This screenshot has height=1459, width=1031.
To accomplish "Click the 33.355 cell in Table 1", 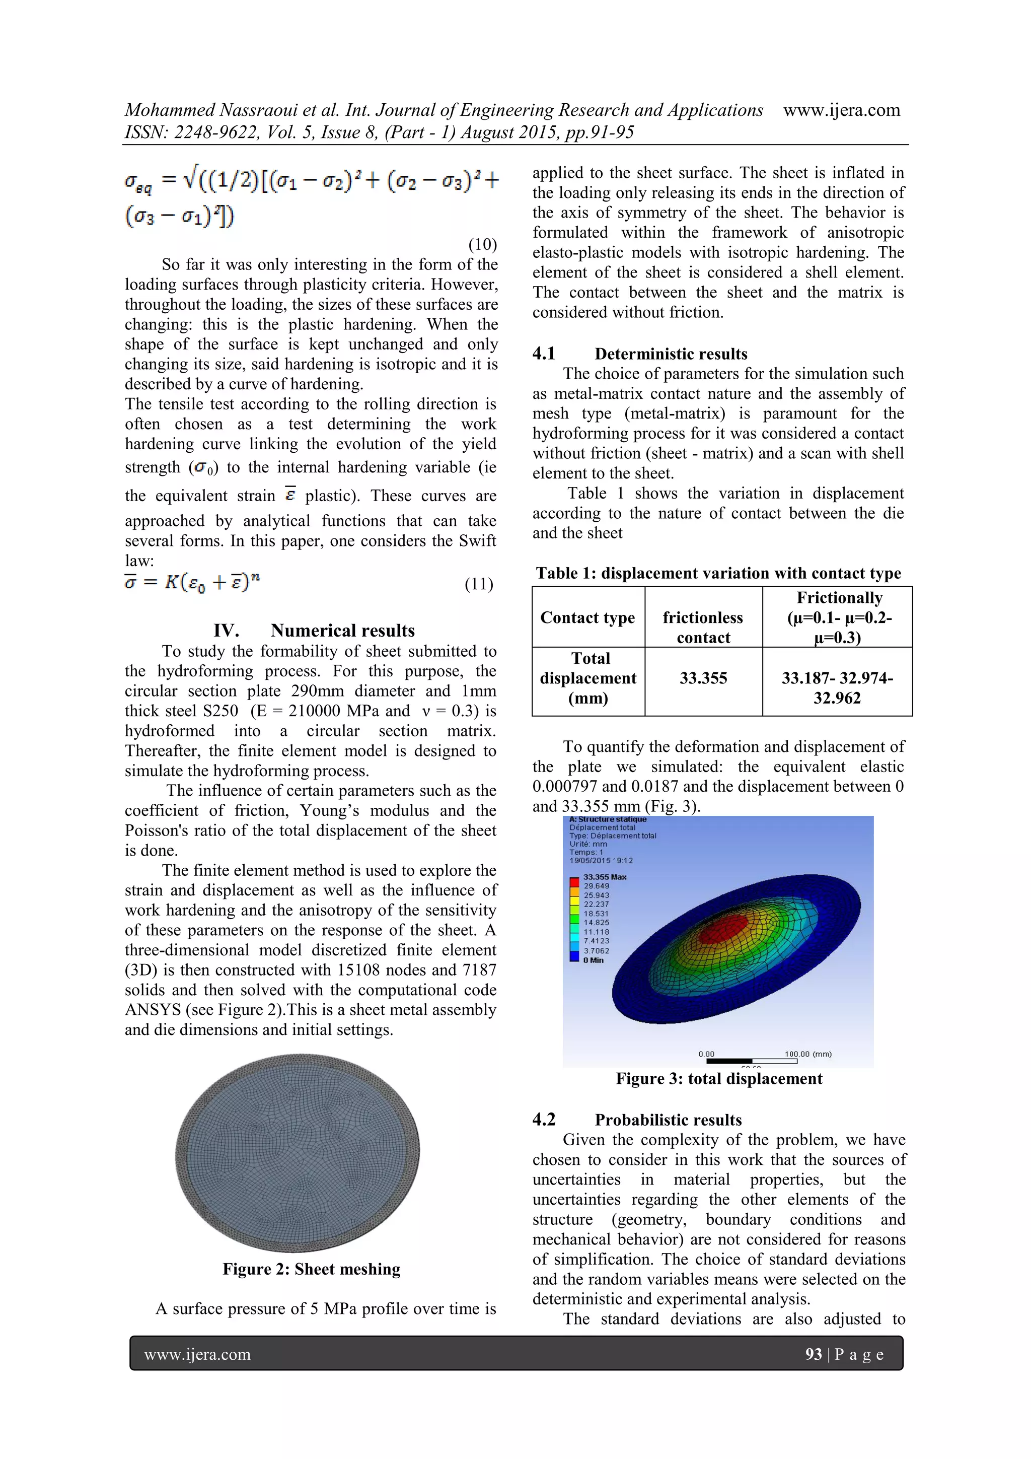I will (703, 678).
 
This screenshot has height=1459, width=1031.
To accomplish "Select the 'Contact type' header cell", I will (587, 617).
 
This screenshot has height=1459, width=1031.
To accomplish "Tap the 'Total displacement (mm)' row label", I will (587, 678).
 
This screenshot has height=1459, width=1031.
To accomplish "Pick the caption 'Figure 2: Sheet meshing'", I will (311, 1269).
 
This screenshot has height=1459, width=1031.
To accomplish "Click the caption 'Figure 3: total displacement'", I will (718, 1078).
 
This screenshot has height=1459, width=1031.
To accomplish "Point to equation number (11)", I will (478, 584).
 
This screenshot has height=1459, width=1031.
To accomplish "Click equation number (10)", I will (482, 244).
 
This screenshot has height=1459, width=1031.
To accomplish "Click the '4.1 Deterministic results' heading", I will (640, 354).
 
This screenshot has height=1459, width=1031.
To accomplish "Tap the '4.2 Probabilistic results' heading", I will (637, 1120).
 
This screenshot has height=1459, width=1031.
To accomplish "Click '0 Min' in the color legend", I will (594, 960).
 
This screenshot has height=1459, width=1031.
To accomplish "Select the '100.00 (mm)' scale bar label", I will (807, 1054).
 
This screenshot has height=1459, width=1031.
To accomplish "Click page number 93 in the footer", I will (813, 1354).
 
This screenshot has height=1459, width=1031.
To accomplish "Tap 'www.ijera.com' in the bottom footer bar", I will (197, 1354).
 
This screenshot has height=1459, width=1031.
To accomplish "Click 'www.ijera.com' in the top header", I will (841, 110).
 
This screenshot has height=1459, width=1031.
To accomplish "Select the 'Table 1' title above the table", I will (718, 573).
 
